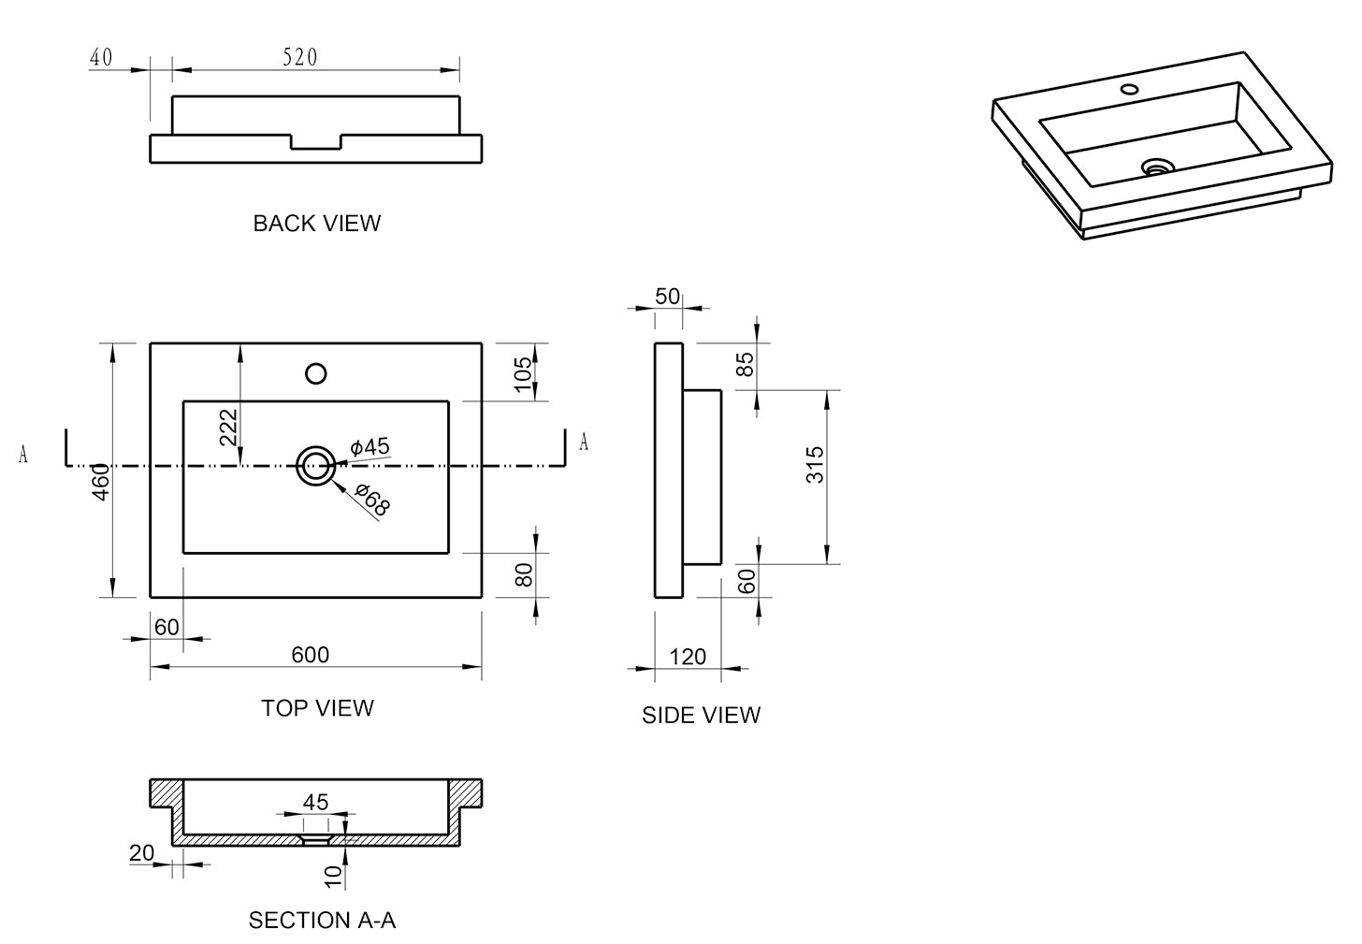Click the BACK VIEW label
point(317,224)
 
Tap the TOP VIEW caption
point(317,708)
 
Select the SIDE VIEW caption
point(701,716)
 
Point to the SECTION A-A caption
point(322,921)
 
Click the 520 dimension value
point(300,57)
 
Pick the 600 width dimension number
point(311,655)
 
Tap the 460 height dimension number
point(101,482)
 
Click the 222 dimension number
point(228,428)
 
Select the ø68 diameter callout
point(372,500)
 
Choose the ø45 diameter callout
point(369,447)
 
